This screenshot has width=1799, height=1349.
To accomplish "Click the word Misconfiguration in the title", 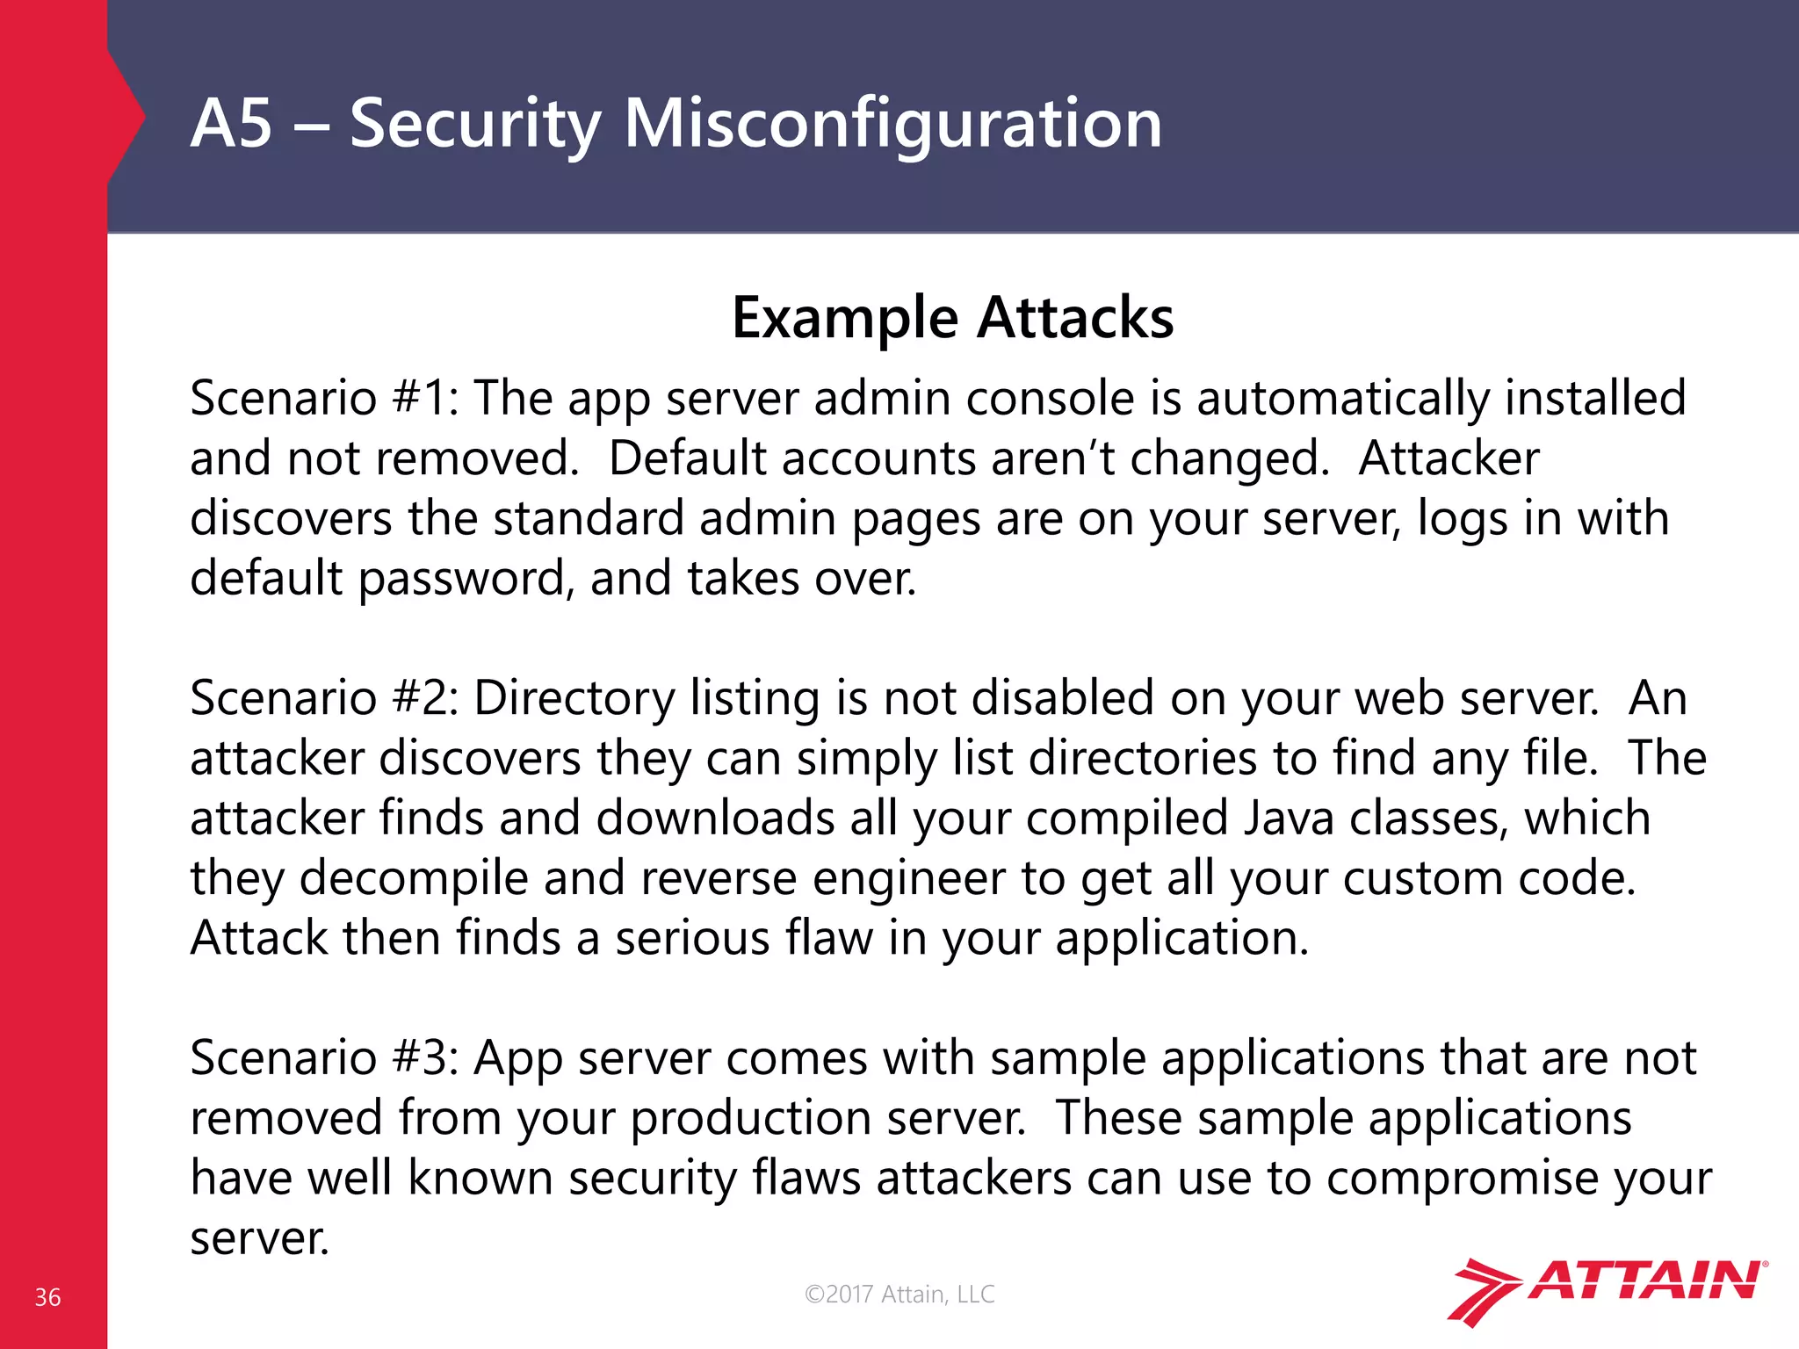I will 892,123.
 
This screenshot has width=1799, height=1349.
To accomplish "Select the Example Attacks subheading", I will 952,317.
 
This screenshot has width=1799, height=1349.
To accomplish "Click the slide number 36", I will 47,1297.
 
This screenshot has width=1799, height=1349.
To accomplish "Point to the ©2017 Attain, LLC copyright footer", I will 899,1294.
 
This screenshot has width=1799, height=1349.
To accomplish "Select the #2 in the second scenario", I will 422,698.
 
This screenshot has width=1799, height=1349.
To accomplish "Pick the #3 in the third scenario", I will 422,1057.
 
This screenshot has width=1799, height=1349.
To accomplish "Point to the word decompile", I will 413,878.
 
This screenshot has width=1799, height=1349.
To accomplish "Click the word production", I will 750,1118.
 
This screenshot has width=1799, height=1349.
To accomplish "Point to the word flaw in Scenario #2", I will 829,938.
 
